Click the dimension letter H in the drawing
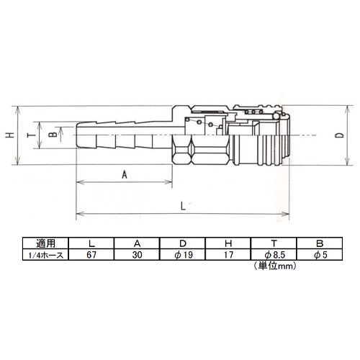click(10, 135)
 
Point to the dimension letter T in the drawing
click(32, 135)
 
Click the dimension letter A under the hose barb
click(125, 174)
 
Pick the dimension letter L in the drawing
click(183, 206)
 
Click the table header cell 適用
click(45, 243)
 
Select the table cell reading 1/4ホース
click(45, 255)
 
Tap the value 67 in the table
click(91, 255)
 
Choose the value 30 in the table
click(137, 255)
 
